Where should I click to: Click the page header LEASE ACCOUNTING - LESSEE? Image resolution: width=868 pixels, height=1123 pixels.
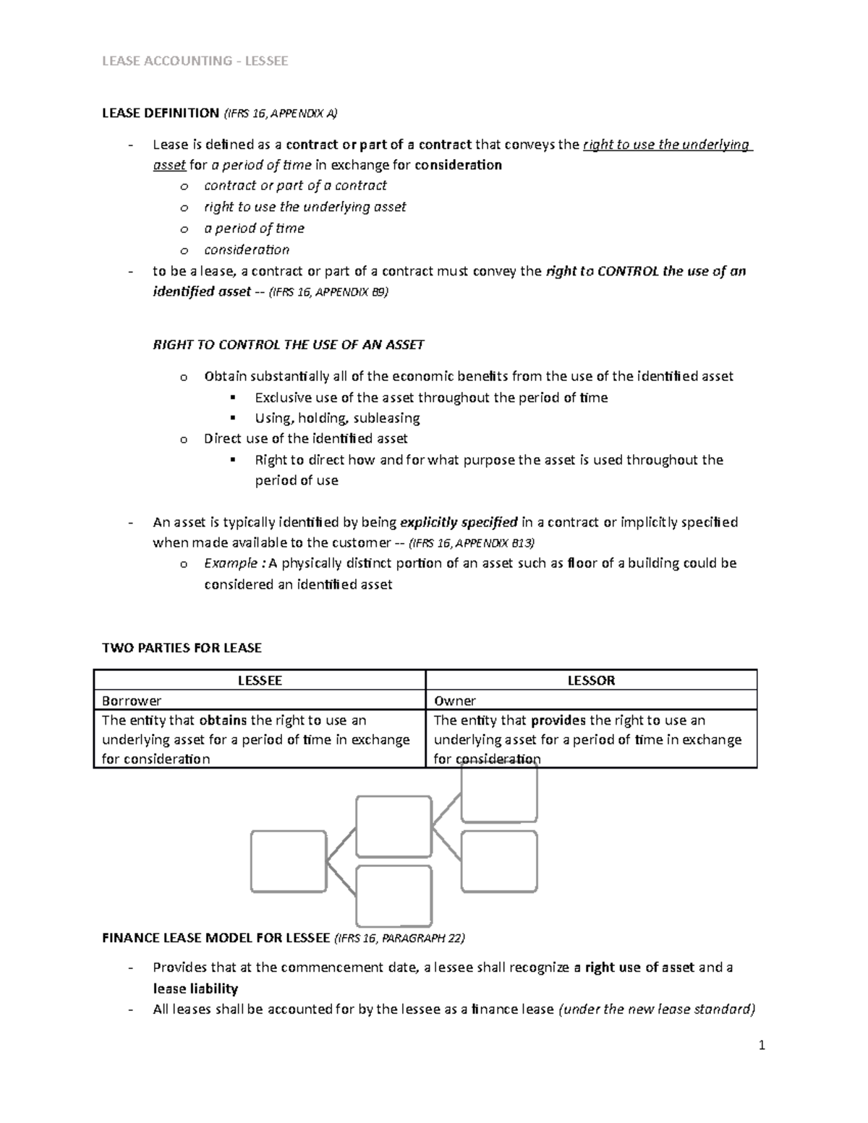click(x=195, y=61)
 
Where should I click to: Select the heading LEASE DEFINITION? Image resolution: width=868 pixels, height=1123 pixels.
click(x=160, y=113)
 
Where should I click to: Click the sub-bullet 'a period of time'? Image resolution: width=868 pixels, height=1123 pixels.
click(x=254, y=229)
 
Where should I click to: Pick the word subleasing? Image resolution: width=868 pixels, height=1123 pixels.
click(x=387, y=418)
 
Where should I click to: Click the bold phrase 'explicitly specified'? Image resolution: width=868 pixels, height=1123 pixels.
click(x=459, y=522)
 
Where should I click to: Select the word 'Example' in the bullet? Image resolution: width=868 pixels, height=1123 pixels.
click(x=230, y=563)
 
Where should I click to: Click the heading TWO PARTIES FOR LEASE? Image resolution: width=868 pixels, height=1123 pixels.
click(x=182, y=648)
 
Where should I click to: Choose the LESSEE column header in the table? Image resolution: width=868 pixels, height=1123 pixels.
click(x=260, y=680)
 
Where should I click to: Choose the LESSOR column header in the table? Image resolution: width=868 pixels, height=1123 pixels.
click(x=591, y=680)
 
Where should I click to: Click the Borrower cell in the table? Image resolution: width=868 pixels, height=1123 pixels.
click(x=132, y=701)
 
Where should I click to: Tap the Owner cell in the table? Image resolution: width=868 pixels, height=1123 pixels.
click(x=454, y=701)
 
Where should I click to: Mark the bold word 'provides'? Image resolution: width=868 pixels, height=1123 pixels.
click(x=558, y=720)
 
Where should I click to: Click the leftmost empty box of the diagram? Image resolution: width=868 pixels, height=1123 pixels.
click(x=287, y=861)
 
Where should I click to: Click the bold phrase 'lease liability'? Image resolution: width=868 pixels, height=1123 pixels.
click(x=195, y=989)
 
